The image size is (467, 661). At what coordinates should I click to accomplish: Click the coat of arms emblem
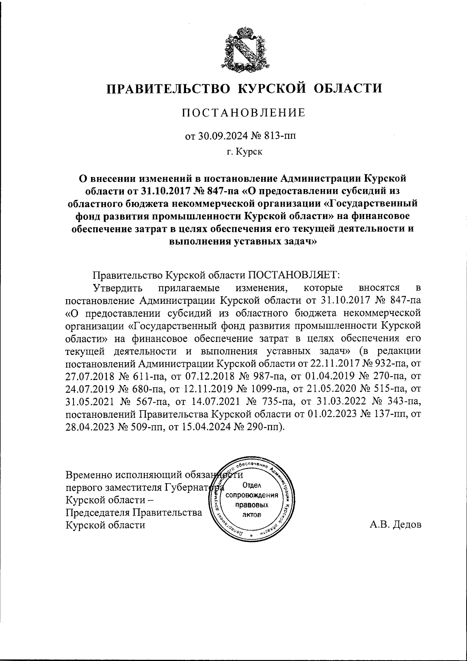coord(244,49)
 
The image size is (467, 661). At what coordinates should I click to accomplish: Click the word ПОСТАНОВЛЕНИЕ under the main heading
coord(244,113)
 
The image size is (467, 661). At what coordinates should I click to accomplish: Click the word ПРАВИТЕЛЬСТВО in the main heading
coord(168,88)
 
